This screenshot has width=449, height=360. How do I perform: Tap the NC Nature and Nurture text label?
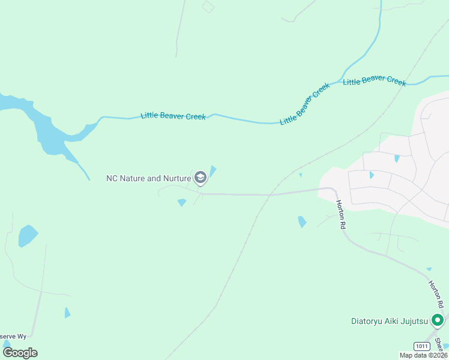148,178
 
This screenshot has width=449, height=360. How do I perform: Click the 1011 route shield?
423,346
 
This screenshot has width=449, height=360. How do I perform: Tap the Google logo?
20,352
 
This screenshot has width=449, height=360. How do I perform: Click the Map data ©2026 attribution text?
423,355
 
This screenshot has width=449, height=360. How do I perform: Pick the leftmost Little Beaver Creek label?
173,115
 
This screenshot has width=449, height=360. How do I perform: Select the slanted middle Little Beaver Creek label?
305,104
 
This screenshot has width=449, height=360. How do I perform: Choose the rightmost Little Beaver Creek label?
375,81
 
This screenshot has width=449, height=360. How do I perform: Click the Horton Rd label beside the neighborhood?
342,215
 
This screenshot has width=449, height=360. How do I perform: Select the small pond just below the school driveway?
182,203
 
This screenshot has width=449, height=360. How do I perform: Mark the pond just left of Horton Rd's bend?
301,222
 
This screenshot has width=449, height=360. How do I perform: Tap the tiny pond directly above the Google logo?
6,344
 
